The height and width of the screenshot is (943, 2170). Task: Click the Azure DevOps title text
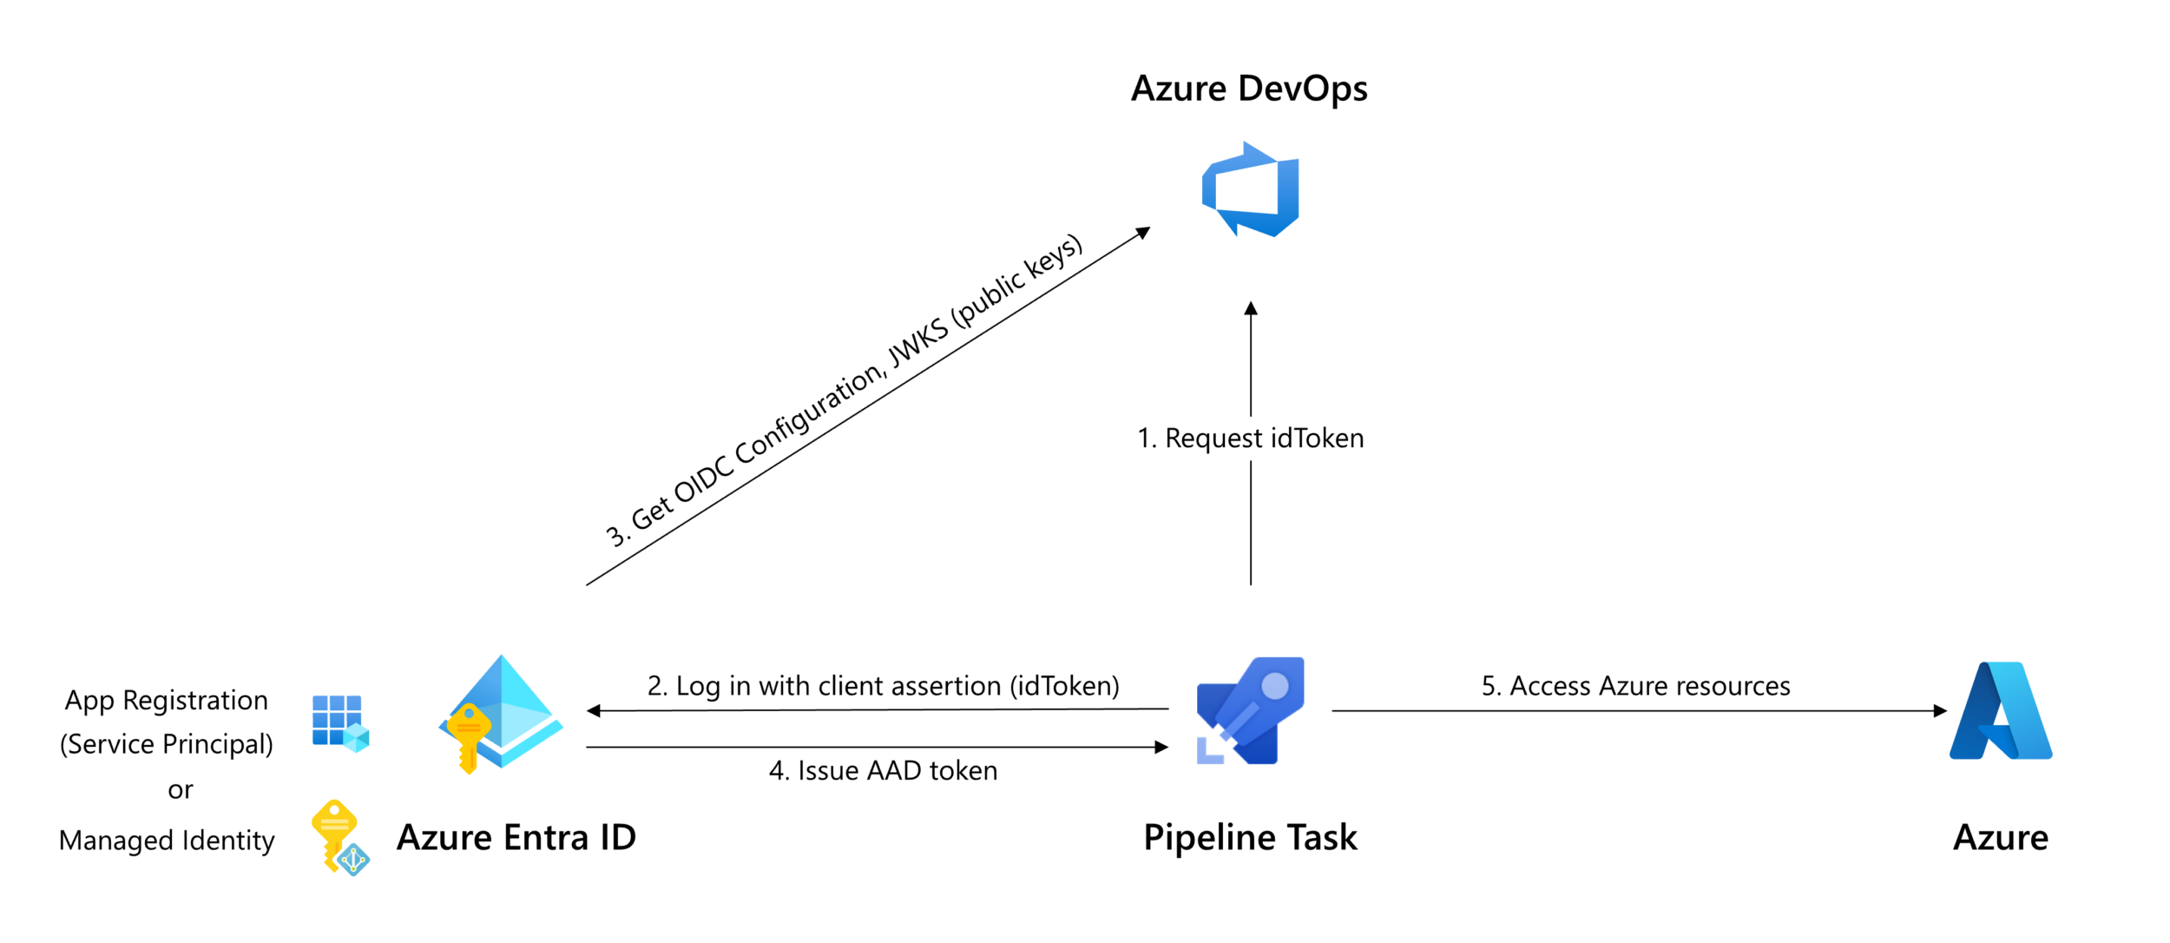pos(1248,89)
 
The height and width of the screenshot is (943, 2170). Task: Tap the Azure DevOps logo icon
pos(1250,190)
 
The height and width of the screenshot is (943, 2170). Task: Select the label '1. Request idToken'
pos(1250,439)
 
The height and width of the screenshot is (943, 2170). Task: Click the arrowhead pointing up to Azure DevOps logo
pos(1251,309)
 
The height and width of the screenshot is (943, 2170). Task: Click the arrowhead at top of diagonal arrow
pos(1144,232)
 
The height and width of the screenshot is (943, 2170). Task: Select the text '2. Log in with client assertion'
pos(883,686)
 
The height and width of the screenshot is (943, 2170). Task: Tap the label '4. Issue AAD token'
pos(883,771)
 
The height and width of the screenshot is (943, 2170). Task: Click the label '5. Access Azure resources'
pos(1635,686)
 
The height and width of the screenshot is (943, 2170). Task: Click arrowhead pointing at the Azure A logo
pos(1941,710)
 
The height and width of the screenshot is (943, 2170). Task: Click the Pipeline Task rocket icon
pos(1250,711)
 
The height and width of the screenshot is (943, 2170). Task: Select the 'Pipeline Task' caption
pos(1250,838)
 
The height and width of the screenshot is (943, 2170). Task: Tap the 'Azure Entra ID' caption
pos(516,838)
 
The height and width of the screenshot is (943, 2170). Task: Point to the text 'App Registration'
pos(167,701)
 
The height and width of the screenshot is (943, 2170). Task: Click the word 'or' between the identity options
pos(181,790)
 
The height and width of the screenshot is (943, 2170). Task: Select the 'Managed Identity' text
pos(167,841)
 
